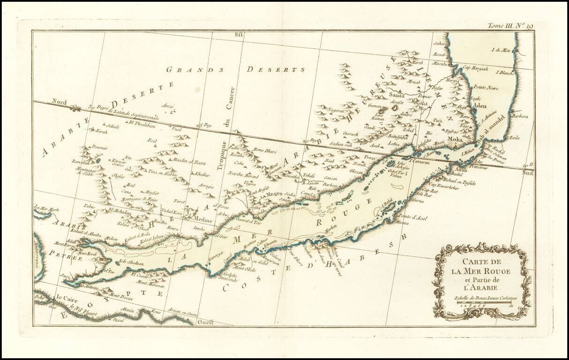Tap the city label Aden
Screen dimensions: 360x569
(479, 106)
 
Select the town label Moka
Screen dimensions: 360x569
(455, 139)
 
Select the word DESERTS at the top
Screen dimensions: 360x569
(273, 70)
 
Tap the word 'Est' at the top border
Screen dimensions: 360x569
(240, 34)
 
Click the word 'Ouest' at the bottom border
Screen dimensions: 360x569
(205, 322)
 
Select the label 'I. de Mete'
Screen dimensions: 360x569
(500, 50)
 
